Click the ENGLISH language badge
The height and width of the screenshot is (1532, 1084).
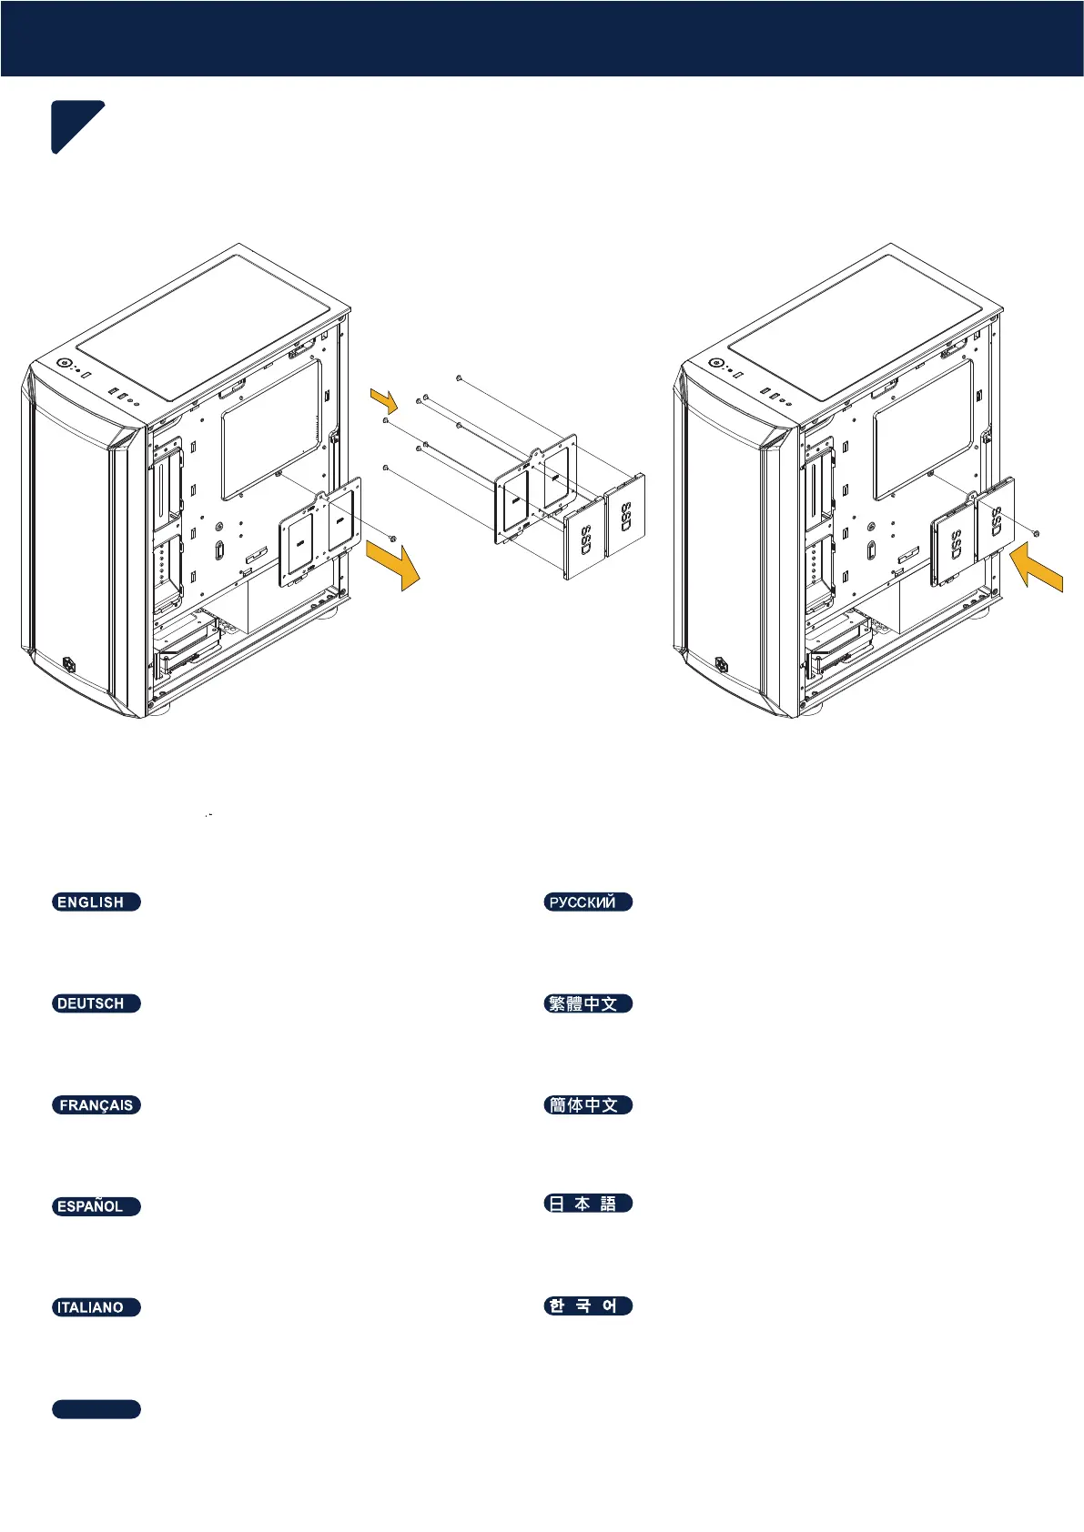(x=96, y=902)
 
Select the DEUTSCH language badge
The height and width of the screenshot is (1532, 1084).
(x=96, y=1003)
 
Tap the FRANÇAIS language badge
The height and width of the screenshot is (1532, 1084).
(x=96, y=1105)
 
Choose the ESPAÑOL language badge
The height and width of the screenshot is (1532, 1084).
(x=96, y=1206)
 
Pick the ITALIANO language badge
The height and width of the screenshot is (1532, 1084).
(x=96, y=1307)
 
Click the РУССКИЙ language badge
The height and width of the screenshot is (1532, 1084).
(x=588, y=902)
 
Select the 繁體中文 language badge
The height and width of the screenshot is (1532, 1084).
(x=588, y=1003)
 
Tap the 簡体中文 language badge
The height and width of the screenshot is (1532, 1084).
(x=588, y=1105)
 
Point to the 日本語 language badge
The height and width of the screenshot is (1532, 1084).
(x=588, y=1204)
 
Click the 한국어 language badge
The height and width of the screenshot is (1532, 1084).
(x=588, y=1305)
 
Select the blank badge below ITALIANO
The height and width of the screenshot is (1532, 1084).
(x=96, y=1409)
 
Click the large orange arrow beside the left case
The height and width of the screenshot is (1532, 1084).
(x=394, y=563)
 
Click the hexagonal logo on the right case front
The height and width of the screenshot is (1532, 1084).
(x=724, y=663)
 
